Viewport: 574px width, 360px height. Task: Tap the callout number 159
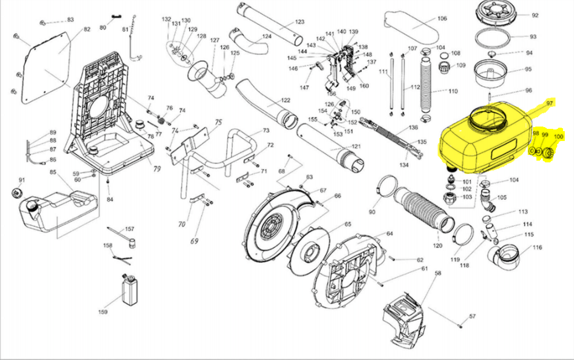coord(102,313)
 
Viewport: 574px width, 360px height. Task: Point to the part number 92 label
coord(535,16)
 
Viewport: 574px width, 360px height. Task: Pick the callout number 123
coord(299,22)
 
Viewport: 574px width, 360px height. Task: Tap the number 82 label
coord(87,29)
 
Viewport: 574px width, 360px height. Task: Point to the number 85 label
coord(53,172)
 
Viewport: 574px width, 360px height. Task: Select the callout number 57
coord(472,316)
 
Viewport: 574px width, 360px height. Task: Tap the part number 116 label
coord(538,247)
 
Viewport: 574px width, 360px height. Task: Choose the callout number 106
coord(442,18)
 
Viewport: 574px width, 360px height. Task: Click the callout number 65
coord(347,224)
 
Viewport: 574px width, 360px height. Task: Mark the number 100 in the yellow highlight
coord(558,136)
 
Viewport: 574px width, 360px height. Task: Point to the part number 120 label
coord(438,246)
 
